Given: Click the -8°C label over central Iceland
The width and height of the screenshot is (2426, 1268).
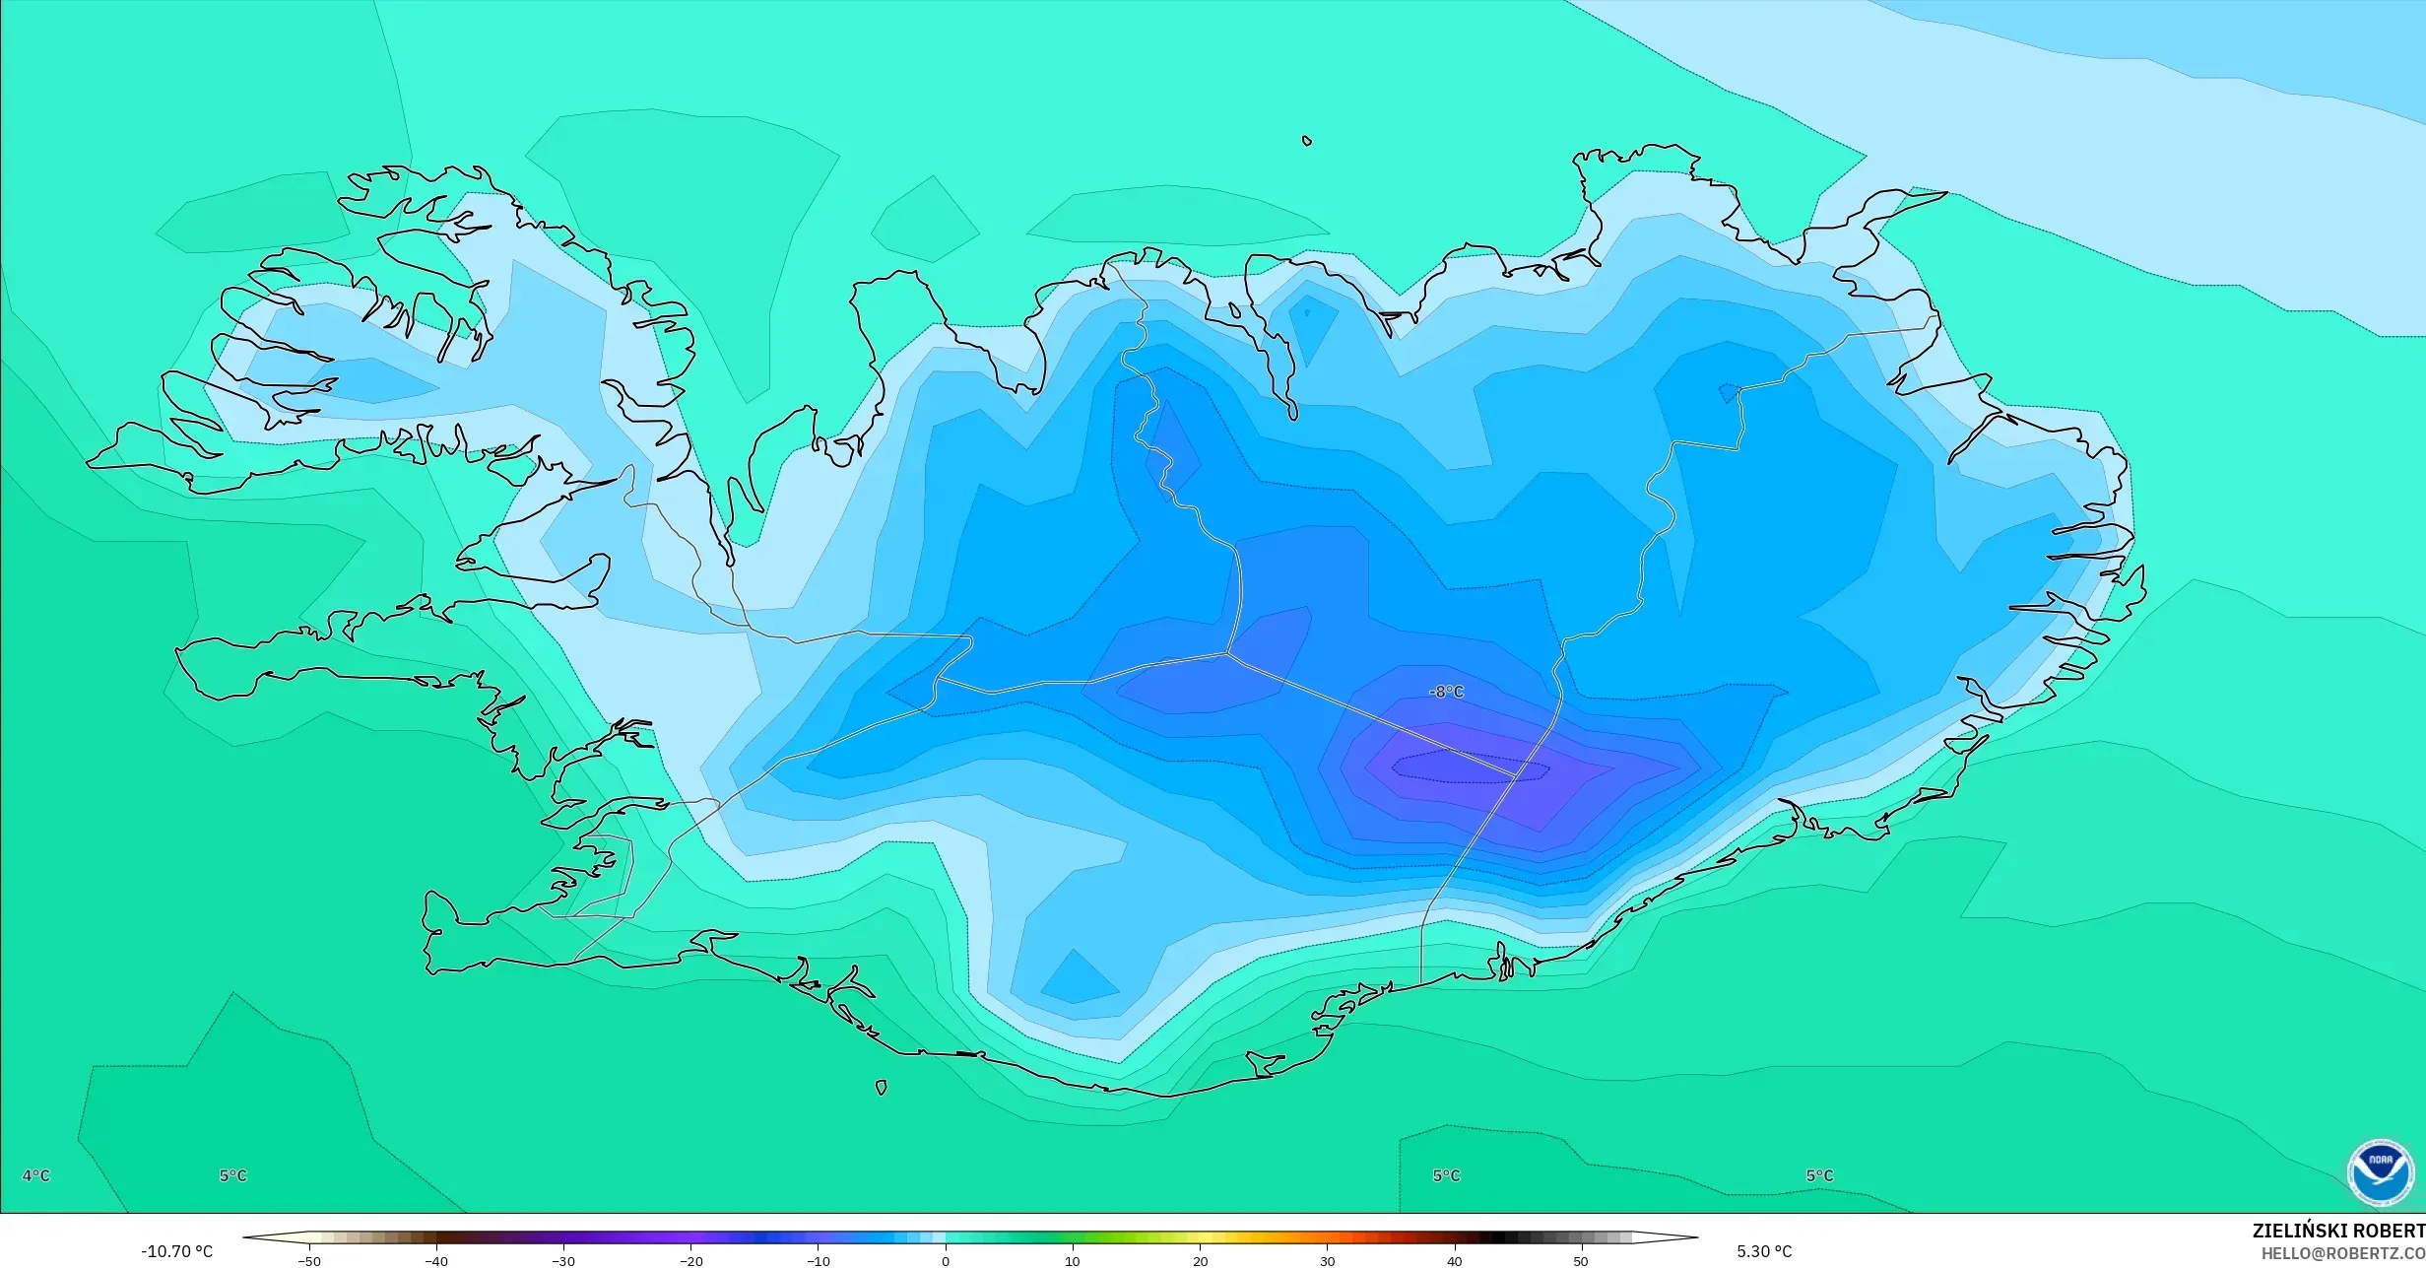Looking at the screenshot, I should pos(1446,693).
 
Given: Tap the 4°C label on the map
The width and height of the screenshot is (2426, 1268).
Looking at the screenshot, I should pos(36,1175).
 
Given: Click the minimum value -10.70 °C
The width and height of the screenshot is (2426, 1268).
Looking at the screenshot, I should pos(176,1251).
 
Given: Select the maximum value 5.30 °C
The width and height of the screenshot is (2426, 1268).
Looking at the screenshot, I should pos(1764,1251).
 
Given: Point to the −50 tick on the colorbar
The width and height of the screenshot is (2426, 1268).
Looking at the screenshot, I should pos(309,1261).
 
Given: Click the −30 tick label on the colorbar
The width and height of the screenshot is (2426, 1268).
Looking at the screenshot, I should pos(562,1261).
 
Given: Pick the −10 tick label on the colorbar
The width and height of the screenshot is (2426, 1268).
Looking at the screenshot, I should pos(818,1261).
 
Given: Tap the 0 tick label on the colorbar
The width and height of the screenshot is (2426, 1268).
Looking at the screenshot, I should pos(946,1261).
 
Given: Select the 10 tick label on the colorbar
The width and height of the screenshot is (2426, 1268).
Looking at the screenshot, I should pos(1073,1261).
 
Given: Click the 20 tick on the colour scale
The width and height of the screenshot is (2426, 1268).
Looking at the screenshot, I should pos(1200,1261).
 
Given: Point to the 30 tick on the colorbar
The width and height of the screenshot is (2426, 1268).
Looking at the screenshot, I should pos(1327,1261).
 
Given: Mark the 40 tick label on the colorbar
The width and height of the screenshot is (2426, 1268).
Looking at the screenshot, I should pos(1454,1261).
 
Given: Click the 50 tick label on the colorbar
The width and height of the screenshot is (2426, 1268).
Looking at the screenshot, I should pos(1581,1261).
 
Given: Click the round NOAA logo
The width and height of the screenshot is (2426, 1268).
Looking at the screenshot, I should pos(2381,1173).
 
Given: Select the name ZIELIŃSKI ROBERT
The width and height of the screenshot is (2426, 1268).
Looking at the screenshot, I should pos(2338,1231).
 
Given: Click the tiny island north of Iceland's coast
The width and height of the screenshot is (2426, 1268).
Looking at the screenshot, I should pos(1307,141).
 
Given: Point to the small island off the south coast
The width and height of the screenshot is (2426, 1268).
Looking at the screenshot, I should pos(882,1088).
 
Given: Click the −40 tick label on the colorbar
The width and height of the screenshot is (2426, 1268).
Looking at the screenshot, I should pos(436,1261).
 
